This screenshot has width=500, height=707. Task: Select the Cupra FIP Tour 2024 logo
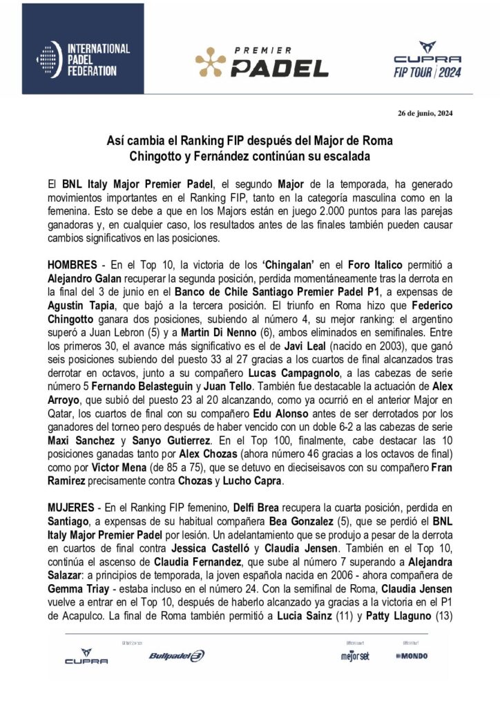click(427, 59)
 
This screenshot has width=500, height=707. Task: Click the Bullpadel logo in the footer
click(176, 656)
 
